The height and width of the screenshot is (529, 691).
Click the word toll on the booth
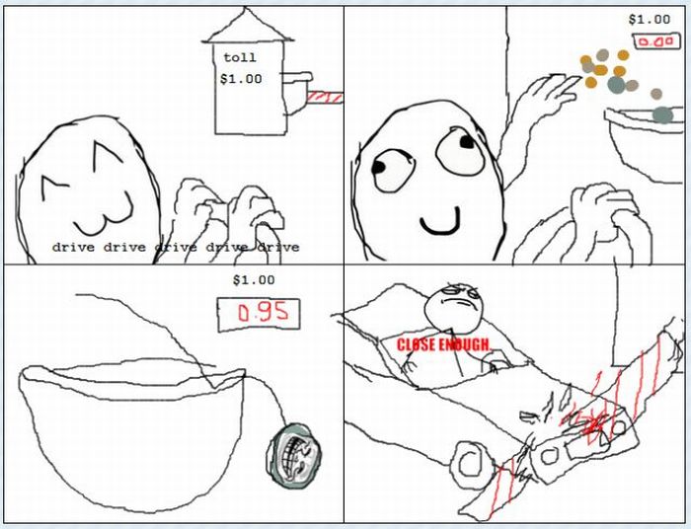(240, 58)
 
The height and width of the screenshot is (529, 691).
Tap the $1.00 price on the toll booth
(240, 79)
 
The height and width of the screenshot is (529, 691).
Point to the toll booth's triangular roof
(249, 27)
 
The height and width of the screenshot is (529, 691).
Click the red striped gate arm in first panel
(324, 96)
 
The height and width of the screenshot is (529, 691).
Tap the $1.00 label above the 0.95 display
(251, 280)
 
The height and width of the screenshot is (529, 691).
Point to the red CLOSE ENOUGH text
(443, 344)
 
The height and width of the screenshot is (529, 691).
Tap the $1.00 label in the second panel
(650, 19)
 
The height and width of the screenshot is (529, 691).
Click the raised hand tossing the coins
(545, 98)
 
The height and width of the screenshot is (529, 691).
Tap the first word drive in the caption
(73, 247)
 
